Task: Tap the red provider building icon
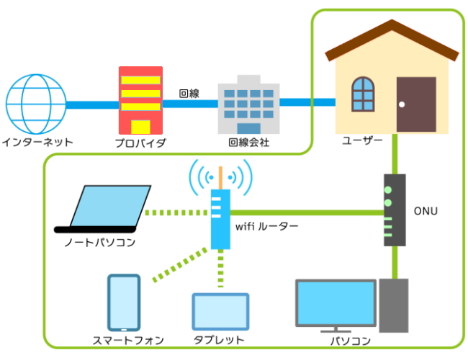(x=140, y=99)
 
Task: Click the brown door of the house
(x=416, y=104)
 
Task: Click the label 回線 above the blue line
(x=189, y=93)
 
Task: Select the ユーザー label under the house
(x=363, y=140)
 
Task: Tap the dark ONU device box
(x=394, y=210)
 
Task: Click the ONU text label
(x=426, y=211)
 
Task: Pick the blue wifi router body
(x=220, y=219)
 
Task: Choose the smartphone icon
(x=123, y=302)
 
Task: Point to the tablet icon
(x=220, y=311)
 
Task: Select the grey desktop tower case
(x=394, y=305)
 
